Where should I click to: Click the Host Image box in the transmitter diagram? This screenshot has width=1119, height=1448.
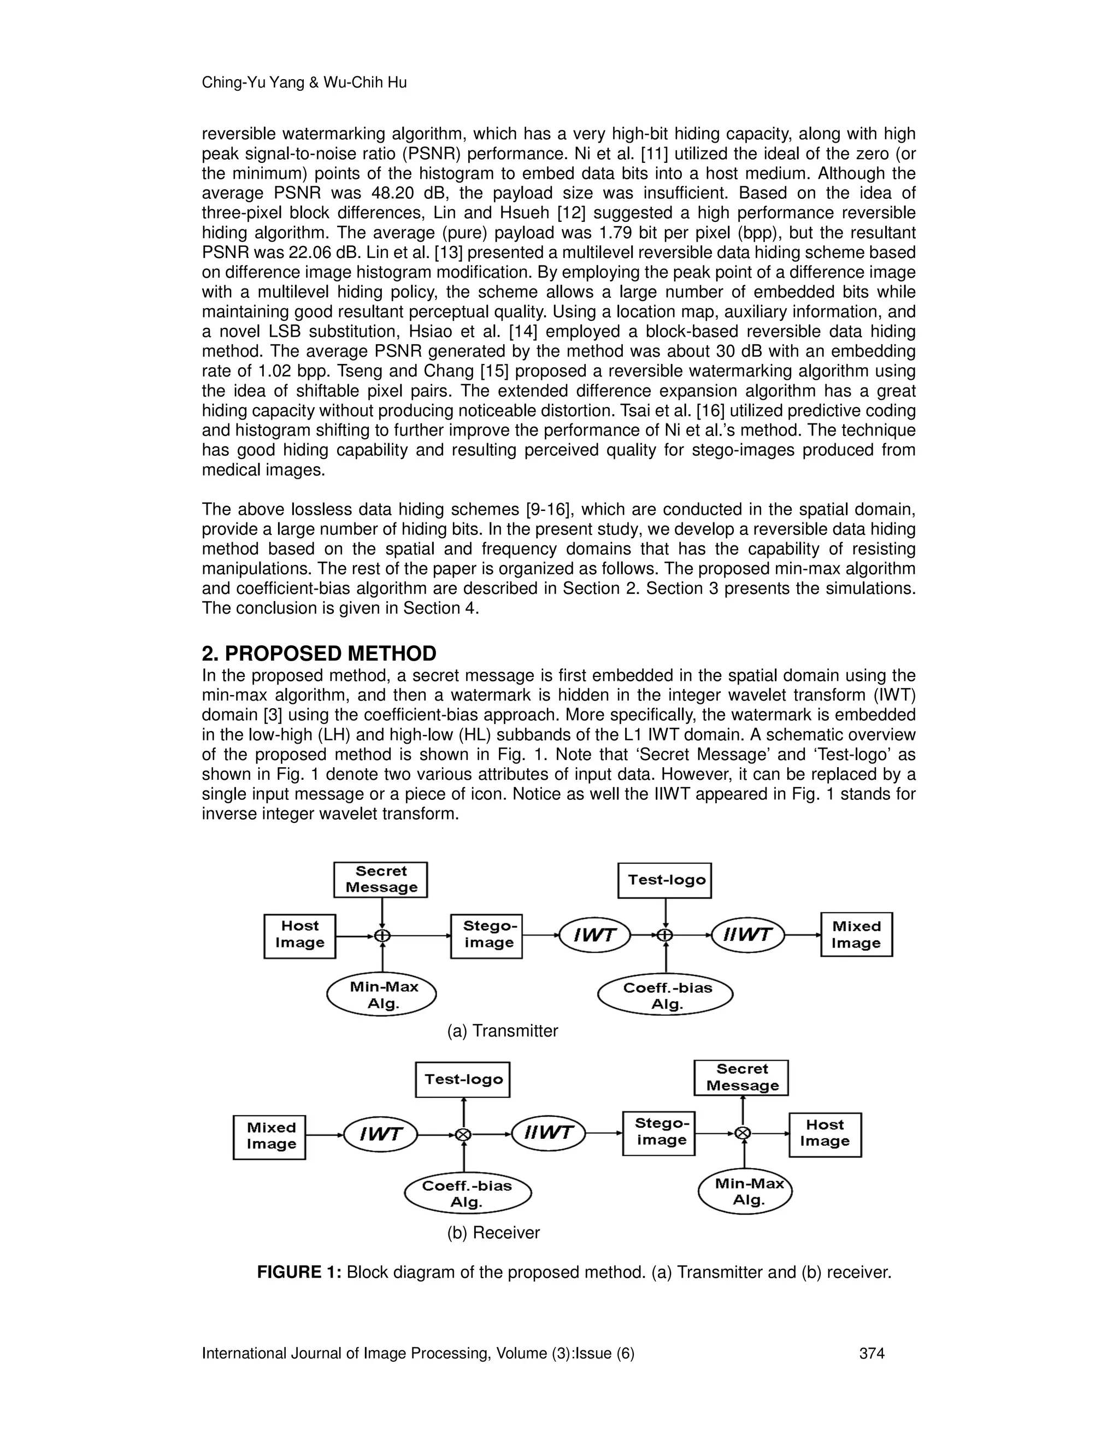click(299, 935)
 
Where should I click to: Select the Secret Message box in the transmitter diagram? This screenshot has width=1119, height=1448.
click(380, 879)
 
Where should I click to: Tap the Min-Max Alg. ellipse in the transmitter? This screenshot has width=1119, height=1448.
click(382, 994)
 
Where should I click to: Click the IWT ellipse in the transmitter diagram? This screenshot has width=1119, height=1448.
click(594, 935)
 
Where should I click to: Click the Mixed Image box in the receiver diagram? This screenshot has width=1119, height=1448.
click(269, 1137)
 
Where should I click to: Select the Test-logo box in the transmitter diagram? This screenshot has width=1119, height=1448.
click(664, 880)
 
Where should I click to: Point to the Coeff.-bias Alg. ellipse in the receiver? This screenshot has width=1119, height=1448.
click(467, 1194)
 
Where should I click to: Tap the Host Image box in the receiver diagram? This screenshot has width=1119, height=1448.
click(824, 1134)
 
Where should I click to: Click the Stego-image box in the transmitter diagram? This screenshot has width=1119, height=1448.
click(487, 935)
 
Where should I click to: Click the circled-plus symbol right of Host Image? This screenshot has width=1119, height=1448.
click(382, 935)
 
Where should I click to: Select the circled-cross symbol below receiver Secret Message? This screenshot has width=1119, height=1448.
click(743, 1133)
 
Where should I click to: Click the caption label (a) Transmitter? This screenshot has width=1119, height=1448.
click(503, 1031)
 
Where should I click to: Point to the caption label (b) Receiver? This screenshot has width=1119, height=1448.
click(493, 1233)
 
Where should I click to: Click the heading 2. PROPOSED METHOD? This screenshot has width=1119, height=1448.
click(319, 654)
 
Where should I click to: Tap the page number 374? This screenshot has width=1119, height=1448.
click(871, 1353)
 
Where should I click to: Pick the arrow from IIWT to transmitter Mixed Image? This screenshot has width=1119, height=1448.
click(802, 935)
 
